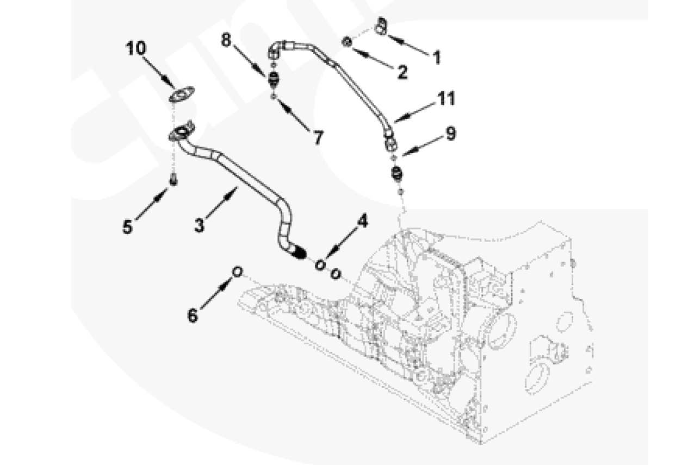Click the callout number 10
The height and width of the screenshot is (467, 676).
coord(136,48)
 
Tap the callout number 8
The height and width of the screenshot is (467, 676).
coord(226,40)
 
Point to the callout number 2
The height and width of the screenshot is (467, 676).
coord(402,72)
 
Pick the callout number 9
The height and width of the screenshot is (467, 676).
coord(451,134)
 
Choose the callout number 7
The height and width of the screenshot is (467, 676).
coord(318,138)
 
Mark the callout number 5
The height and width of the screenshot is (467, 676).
coord(127,226)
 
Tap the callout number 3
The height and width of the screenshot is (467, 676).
coord(199,225)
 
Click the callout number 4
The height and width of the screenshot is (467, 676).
coord(362,221)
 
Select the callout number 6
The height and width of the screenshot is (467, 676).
coord(193,315)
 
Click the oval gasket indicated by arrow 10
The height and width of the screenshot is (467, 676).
coord(182,94)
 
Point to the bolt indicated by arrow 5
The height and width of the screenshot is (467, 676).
coord(173,180)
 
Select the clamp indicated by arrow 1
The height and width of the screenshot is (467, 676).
coord(381,26)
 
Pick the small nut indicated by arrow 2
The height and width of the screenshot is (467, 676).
coord(347,42)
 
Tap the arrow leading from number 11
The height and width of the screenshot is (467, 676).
coord(414,113)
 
